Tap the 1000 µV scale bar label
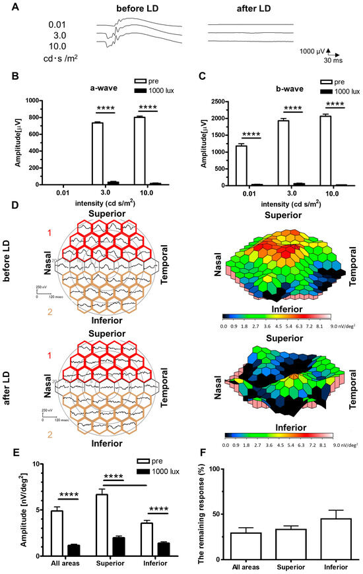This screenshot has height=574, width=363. tap(310, 50)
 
